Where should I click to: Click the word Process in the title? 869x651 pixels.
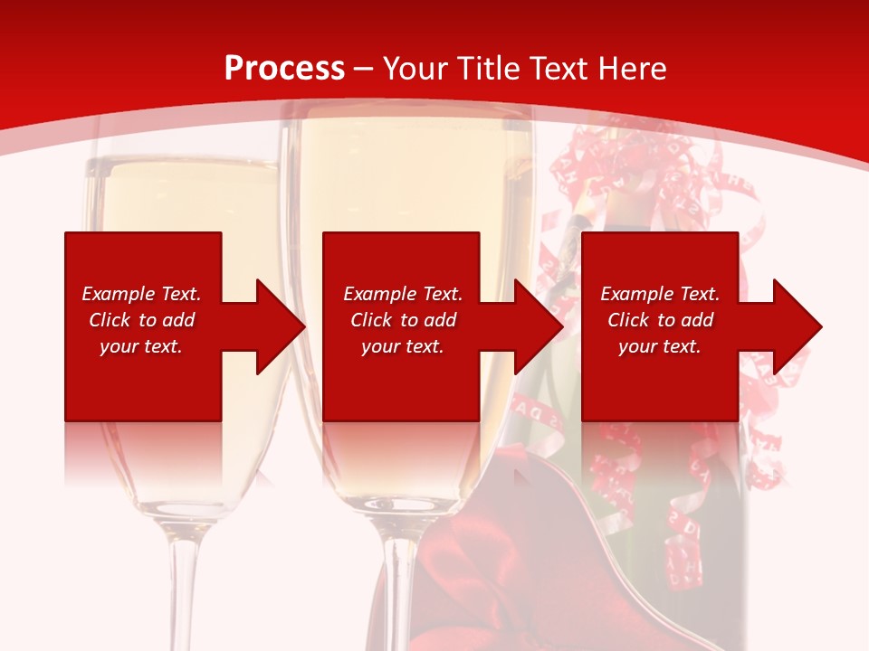[x=284, y=69]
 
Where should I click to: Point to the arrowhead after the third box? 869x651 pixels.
[x=796, y=326]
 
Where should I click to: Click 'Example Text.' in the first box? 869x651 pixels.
[x=141, y=294]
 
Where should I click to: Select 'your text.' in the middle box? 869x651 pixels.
[x=402, y=346]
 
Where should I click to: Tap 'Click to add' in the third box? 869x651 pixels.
[x=660, y=320]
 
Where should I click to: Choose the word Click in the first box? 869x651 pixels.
[x=110, y=320]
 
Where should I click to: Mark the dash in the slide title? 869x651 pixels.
[x=364, y=69]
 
